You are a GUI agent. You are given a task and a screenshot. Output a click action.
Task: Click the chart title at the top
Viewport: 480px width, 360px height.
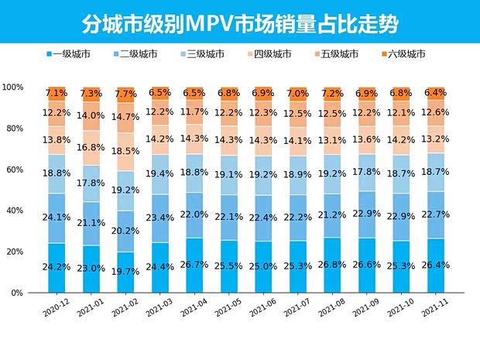(x=239, y=23)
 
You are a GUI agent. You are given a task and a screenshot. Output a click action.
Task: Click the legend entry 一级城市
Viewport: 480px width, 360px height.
(x=70, y=54)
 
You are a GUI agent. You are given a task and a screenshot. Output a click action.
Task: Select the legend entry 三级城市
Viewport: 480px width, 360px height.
(x=203, y=54)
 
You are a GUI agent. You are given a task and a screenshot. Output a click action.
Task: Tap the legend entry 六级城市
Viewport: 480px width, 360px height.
(x=403, y=54)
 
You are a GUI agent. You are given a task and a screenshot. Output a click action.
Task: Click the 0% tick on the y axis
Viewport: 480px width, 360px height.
(x=17, y=293)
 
